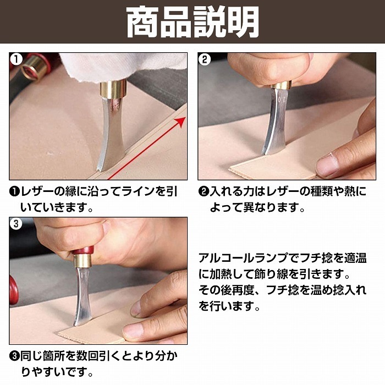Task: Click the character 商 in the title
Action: tap(142, 21)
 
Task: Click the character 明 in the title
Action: tap(243, 21)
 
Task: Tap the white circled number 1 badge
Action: tap(16, 59)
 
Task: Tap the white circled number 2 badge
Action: tap(205, 59)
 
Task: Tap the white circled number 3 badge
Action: tap(16, 224)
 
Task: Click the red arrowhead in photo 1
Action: tap(181, 122)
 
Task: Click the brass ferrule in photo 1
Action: tap(114, 89)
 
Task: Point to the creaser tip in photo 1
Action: tap(101, 169)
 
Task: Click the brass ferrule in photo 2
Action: tap(281, 85)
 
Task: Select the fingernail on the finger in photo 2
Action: tap(327, 166)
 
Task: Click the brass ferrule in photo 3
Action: tap(82, 261)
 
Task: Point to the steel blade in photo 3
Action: tap(82, 296)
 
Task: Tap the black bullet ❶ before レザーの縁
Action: tap(15, 192)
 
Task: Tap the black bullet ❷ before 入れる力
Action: tap(204, 192)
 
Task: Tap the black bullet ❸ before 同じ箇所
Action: tap(15, 356)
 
